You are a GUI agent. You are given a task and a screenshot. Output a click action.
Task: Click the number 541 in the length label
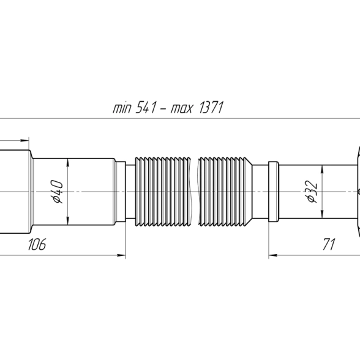146,108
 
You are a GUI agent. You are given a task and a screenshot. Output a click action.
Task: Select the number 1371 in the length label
211,108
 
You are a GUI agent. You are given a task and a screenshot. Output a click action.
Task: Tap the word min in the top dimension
122,108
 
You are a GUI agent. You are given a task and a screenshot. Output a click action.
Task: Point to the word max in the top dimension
181,109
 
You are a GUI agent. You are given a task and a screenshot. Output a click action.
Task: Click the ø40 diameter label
58,192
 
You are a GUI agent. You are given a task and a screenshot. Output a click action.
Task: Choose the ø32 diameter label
312,192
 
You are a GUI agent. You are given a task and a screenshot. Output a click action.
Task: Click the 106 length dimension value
37,244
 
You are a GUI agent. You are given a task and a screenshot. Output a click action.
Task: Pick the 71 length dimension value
329,244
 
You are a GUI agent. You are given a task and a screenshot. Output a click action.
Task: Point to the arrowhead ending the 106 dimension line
121,255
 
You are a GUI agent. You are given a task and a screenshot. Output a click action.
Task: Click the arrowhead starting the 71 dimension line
273,255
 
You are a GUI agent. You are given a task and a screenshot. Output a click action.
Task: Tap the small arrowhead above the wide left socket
24,140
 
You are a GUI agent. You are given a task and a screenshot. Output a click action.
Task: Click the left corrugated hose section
163,192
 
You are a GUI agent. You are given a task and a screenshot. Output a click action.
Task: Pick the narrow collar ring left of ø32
274,192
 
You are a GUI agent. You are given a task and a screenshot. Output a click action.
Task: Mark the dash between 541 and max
163,110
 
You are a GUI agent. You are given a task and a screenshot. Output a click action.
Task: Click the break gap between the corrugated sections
195,192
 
